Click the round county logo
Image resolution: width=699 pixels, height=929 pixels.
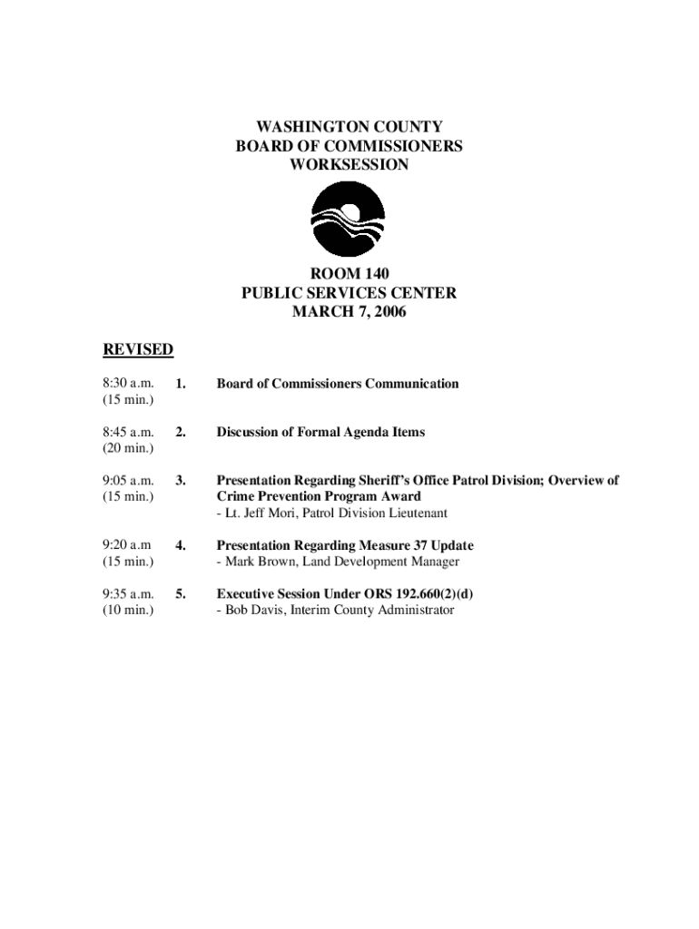(349, 220)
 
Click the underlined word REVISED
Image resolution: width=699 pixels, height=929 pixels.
(138, 350)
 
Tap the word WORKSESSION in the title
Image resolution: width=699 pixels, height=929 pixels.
(349, 165)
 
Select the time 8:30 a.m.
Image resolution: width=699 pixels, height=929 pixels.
(128, 384)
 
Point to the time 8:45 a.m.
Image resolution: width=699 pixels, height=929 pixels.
(128, 432)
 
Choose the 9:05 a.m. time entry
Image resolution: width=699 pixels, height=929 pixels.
(128, 481)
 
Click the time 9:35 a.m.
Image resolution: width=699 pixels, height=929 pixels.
(128, 594)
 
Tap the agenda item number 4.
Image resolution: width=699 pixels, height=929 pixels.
(181, 546)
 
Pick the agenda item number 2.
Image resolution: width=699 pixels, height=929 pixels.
(181, 433)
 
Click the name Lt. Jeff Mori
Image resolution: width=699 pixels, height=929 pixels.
(259, 513)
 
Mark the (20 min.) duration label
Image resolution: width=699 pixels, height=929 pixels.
(128, 448)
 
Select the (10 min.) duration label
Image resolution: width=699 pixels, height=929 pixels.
(128, 611)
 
